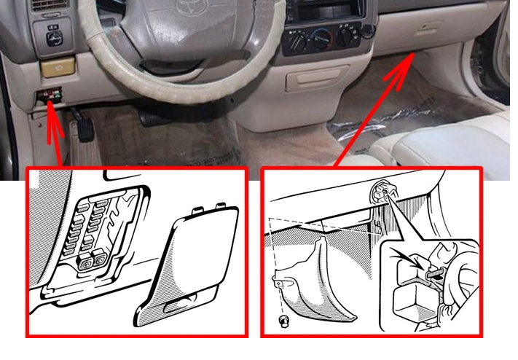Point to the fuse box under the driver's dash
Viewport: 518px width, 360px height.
[x=52, y=95]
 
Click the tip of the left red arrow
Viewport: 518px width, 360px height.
[x=50, y=99]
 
